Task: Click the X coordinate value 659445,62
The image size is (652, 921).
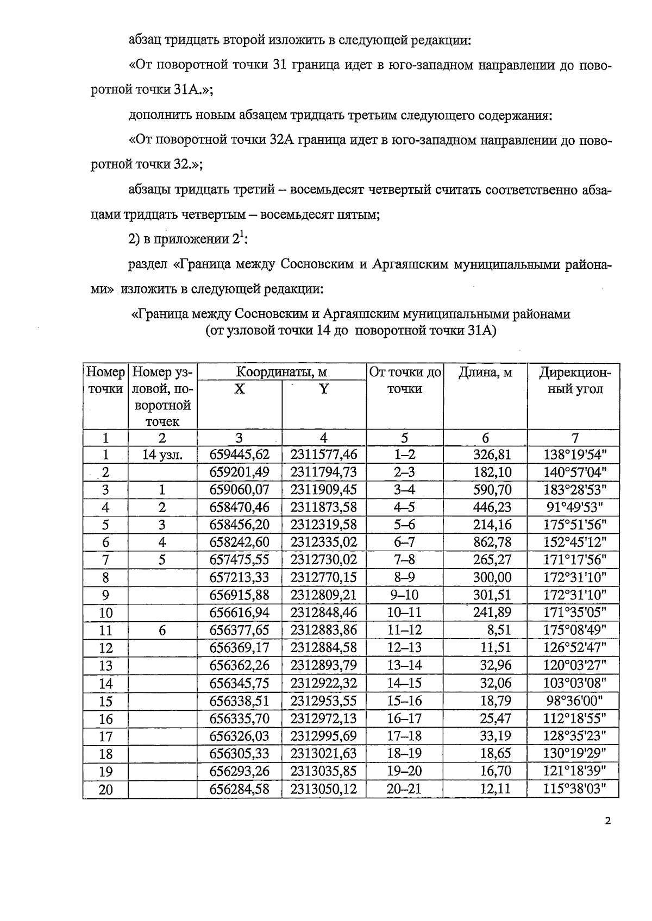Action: tap(240, 455)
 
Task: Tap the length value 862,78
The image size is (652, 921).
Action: tap(492, 542)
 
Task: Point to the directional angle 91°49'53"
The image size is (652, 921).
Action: tap(575, 507)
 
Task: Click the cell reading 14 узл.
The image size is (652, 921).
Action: tap(162, 455)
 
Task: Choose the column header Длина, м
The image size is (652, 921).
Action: tap(485, 373)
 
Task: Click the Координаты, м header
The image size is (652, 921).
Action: tap(281, 373)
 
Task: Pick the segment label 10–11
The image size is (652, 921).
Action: tap(404, 613)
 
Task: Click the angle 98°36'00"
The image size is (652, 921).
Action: tap(575, 701)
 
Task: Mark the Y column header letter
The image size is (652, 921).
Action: tap(324, 389)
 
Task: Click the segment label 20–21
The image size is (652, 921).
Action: tap(404, 788)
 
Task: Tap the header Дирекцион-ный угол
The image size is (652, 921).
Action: tap(575, 381)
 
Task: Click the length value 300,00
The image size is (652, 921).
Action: tap(492, 577)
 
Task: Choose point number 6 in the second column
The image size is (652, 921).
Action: tap(162, 630)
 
